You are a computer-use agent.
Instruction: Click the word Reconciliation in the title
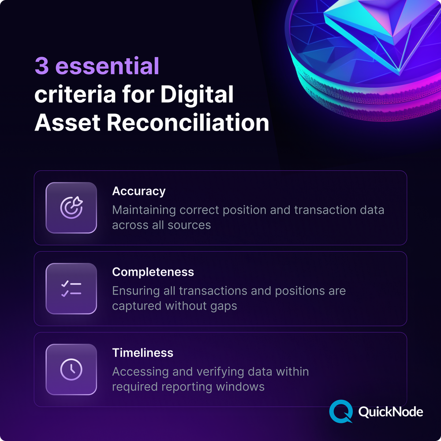[188, 123]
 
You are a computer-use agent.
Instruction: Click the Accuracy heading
[138, 191]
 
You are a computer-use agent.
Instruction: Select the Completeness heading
[153, 272]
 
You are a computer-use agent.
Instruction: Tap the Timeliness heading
[142, 353]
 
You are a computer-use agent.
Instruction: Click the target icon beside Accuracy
[71, 207]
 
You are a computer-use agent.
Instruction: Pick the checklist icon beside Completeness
[71, 288]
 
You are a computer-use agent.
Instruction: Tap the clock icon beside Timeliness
[71, 369]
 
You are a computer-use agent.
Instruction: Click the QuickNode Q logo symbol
[341, 411]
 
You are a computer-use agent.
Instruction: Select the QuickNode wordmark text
[391, 412]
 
